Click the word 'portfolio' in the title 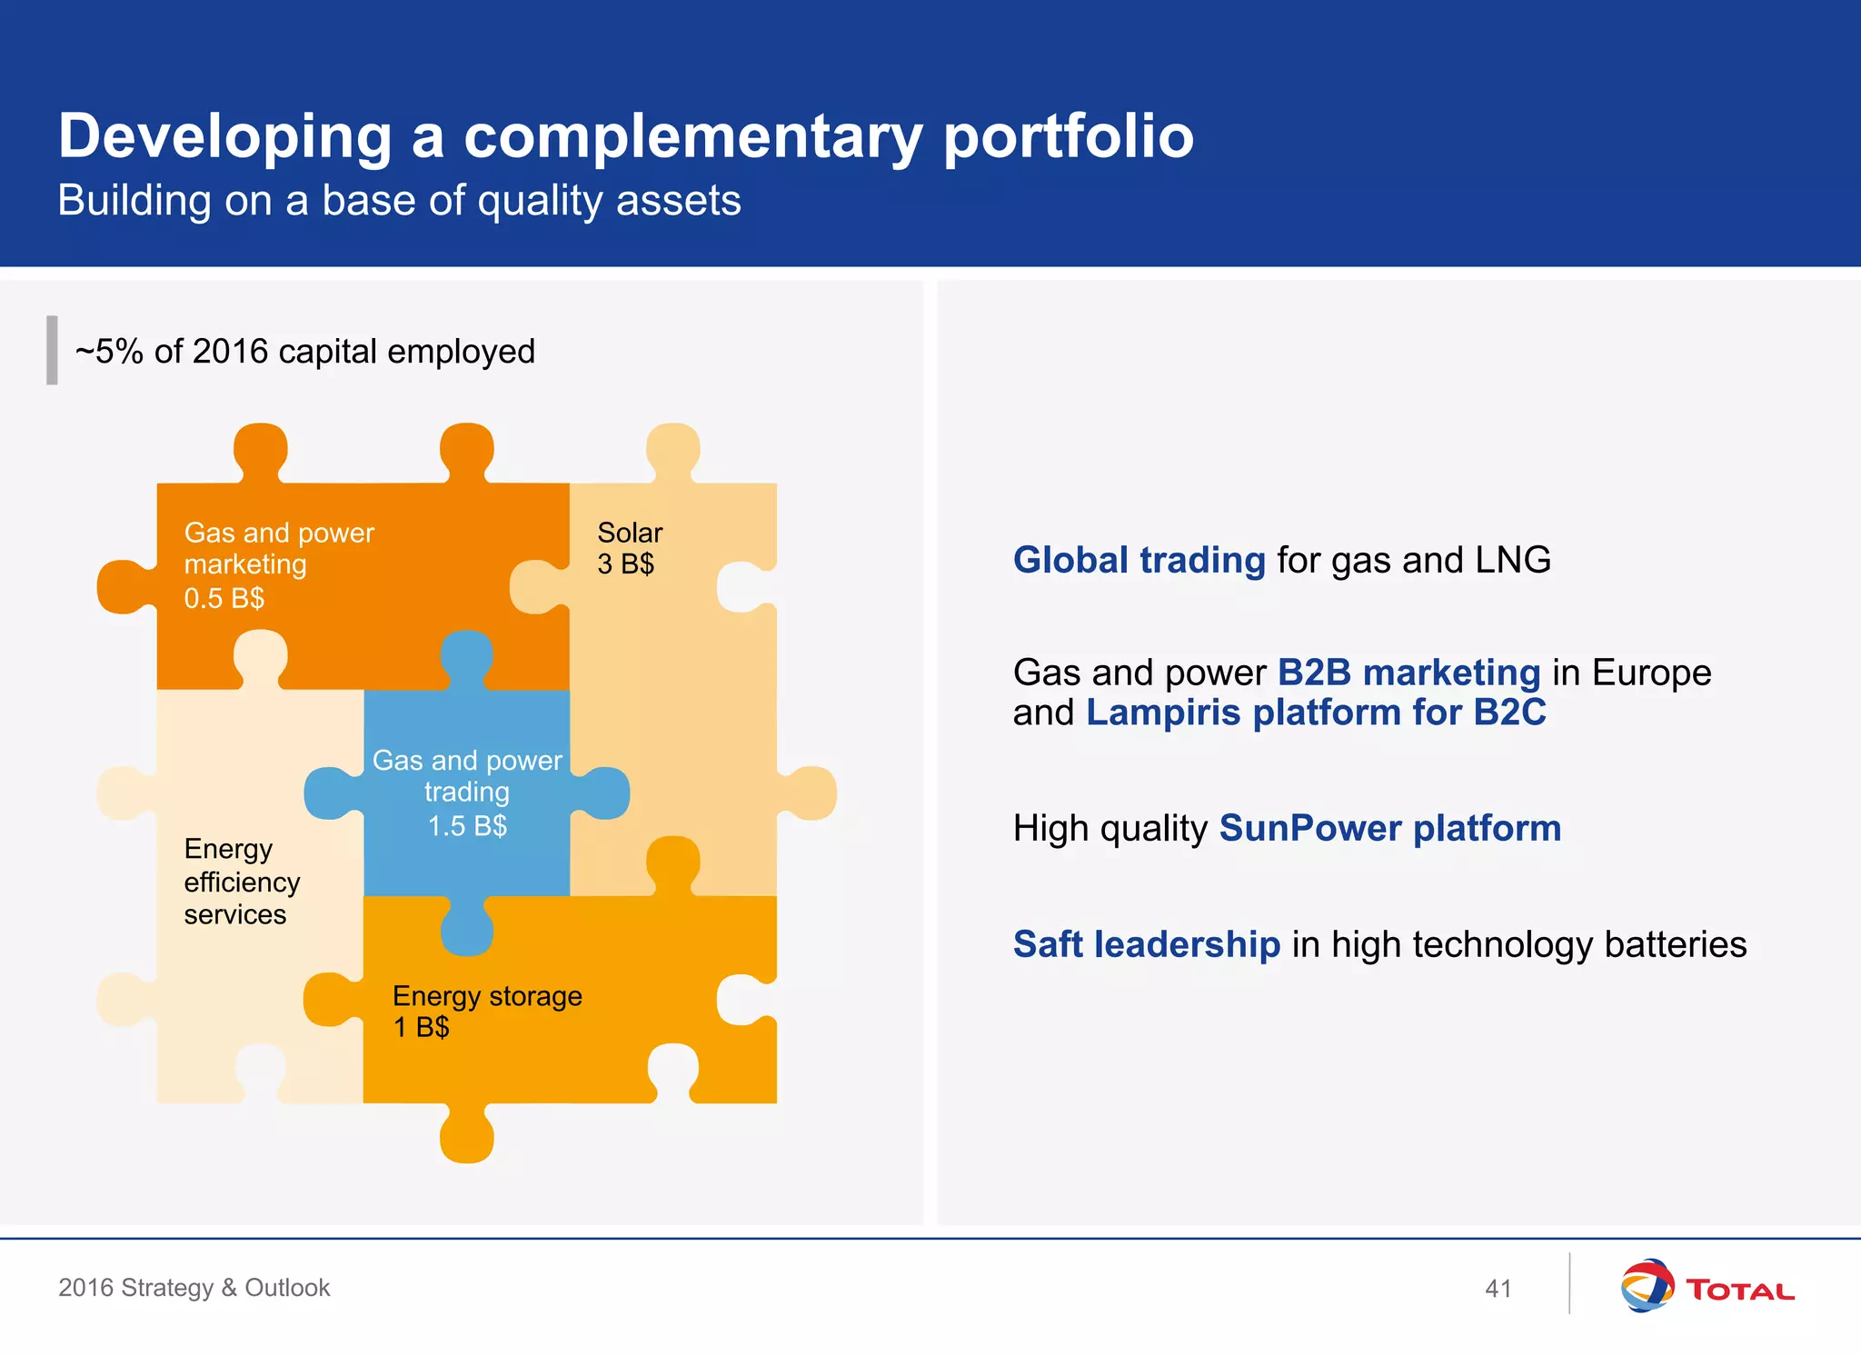coord(1069,138)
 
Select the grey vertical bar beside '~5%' coord(52,350)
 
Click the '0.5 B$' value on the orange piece coord(224,599)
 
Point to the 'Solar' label coord(630,533)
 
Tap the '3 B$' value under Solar coord(625,564)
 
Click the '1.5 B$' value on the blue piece coord(467,826)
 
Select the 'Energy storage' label coord(487,996)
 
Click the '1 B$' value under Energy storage coord(421,1028)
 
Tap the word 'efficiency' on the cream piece coord(242,882)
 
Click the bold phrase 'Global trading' coord(1139,560)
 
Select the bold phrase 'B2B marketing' coord(1408,673)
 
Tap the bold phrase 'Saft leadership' coord(1147,945)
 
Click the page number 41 coord(1498,1288)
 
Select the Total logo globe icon coord(1647,1285)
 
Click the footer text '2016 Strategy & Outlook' coord(194,1288)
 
